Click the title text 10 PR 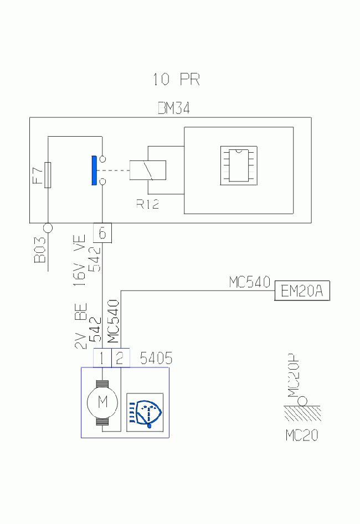point(176,79)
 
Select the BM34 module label point(174,108)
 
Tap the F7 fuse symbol point(48,175)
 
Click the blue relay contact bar point(94,170)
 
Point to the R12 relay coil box point(147,170)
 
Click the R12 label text point(147,204)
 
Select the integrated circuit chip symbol point(239,165)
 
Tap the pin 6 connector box point(102,232)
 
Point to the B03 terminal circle point(48,228)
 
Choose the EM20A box point(302,290)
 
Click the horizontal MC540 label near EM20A point(250,282)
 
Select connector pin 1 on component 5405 point(102,358)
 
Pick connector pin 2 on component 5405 point(120,358)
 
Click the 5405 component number point(156,358)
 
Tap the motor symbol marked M point(102,403)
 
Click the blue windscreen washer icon point(145,412)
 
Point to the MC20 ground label point(302,435)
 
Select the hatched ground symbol point(302,413)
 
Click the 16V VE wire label point(80,260)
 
